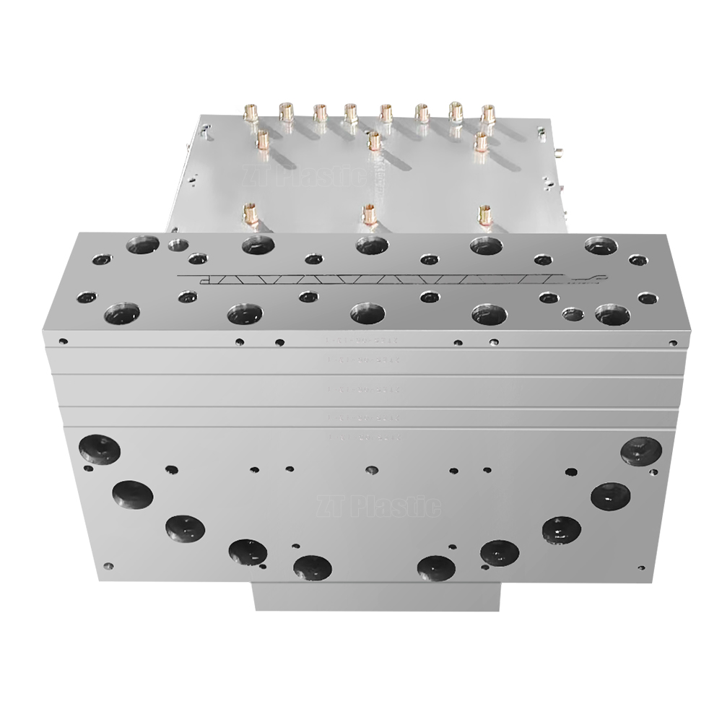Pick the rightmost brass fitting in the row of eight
[488, 114]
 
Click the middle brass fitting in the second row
[373, 141]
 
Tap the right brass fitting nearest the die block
[484, 214]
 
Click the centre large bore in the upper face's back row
[372, 246]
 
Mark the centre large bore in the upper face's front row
[367, 314]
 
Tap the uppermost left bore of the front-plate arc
[100, 448]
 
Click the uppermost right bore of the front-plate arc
[641, 451]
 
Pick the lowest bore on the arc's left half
[313, 567]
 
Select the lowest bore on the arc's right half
[435, 568]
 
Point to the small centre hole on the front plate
[371, 469]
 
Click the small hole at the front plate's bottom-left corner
[108, 566]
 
